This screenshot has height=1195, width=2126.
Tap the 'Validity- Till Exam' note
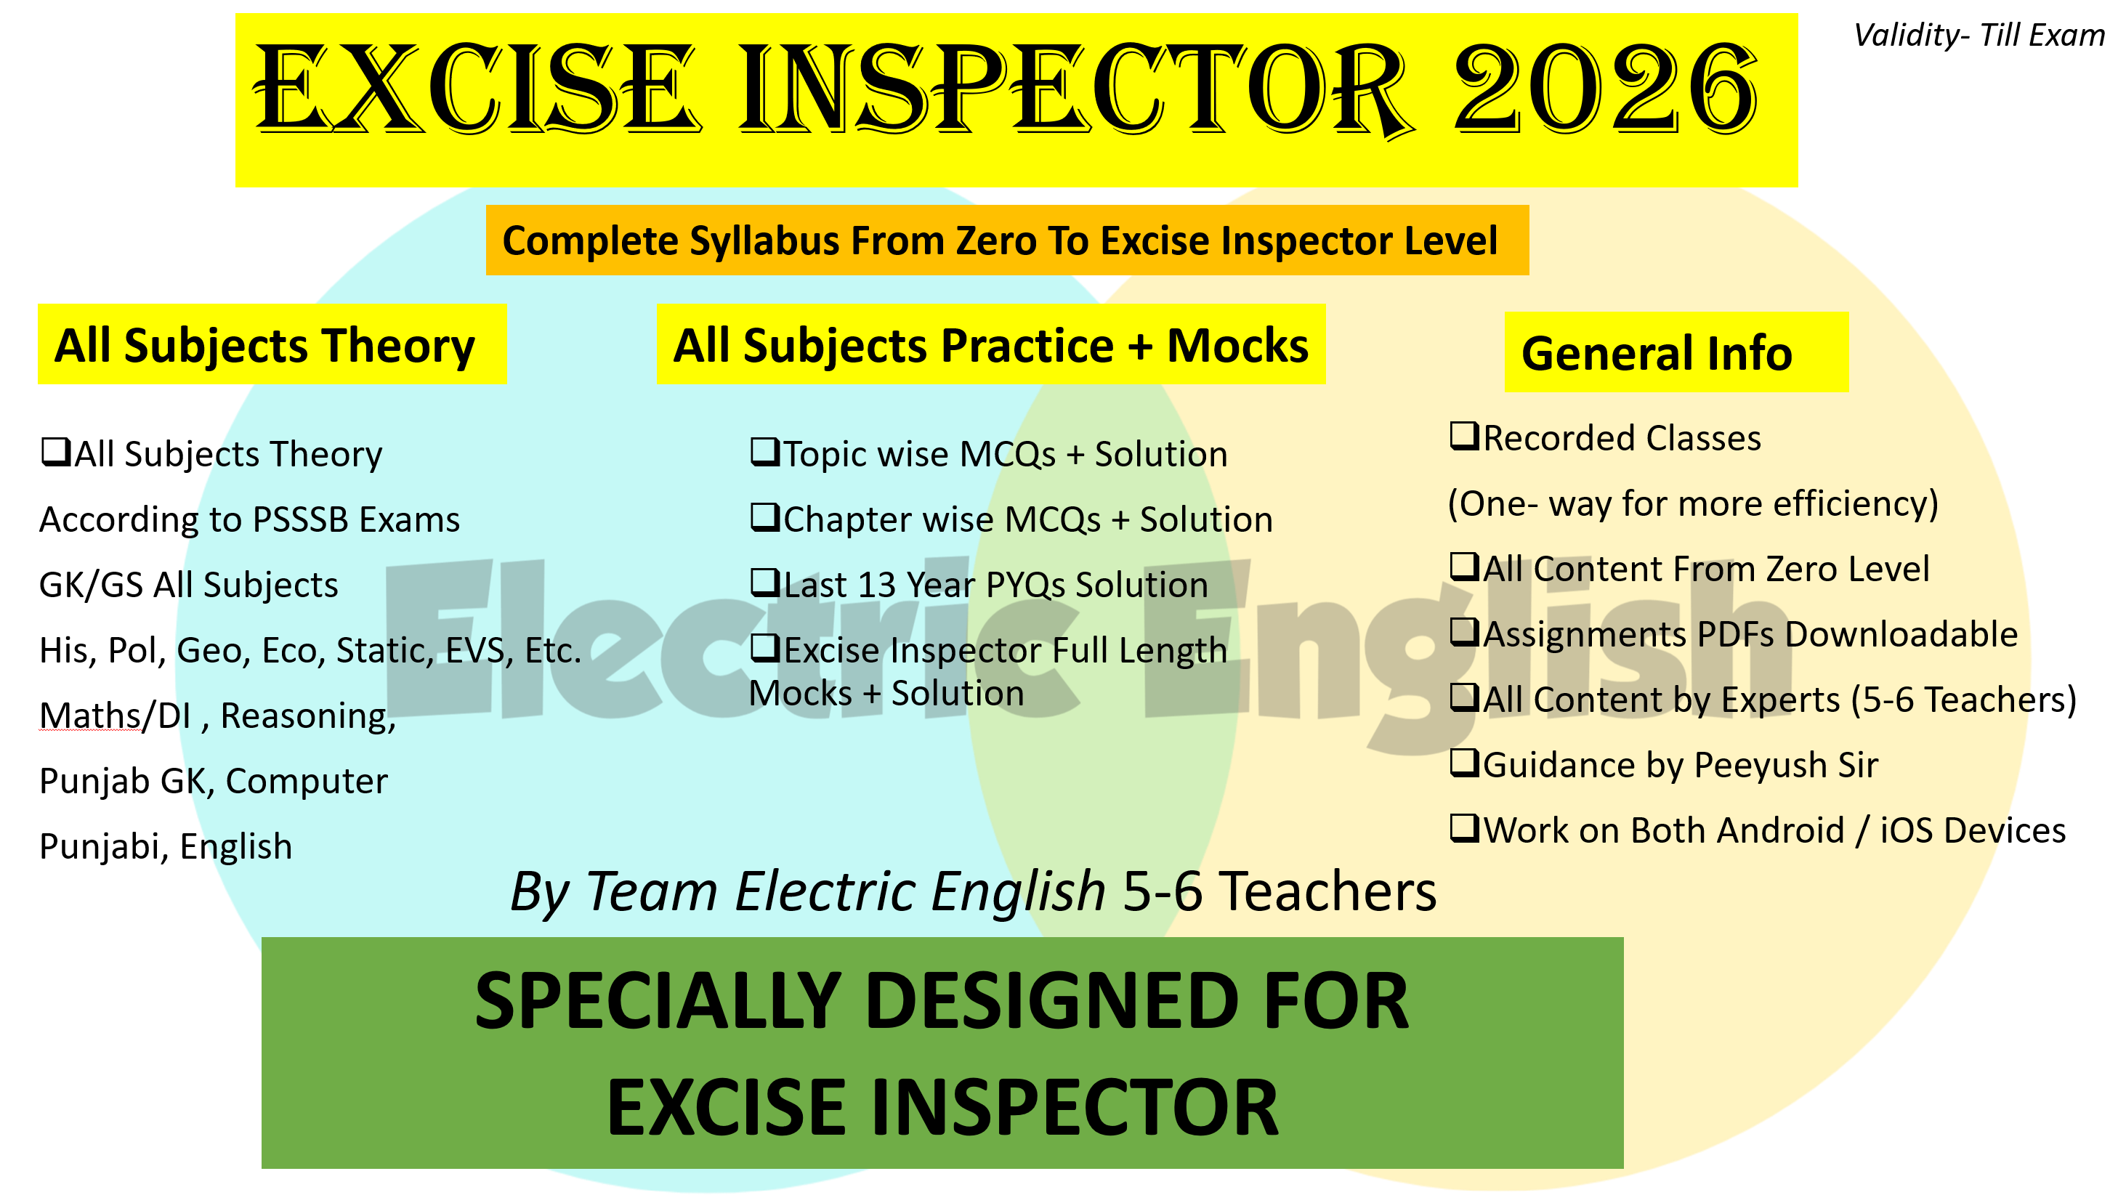pos(1979,36)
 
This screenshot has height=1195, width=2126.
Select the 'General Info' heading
pos(1657,353)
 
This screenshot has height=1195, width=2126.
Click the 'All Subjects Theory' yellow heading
pos(265,345)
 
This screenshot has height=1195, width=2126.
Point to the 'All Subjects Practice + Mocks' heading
pos(990,345)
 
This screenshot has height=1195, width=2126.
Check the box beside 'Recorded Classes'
pos(1463,436)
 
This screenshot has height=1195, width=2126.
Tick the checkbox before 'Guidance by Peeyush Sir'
pos(1463,763)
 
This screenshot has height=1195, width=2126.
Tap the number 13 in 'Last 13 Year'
pos(876,585)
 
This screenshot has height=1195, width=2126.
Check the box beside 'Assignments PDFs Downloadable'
pos(1463,632)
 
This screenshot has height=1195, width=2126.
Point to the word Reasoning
pos(308,716)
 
